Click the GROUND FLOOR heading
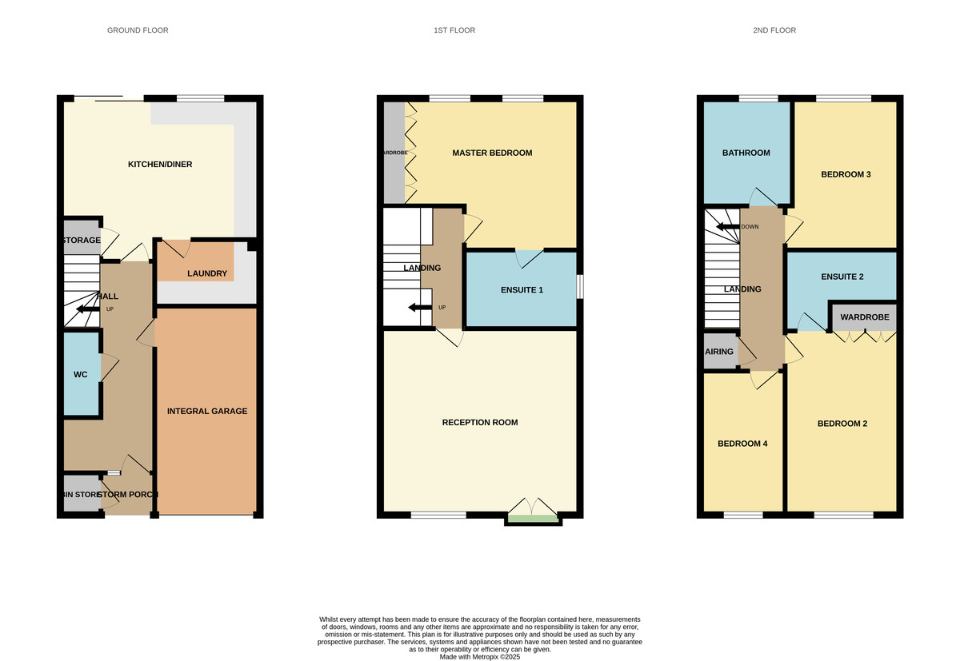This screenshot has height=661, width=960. pos(138,30)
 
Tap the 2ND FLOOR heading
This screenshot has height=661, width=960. pos(774,30)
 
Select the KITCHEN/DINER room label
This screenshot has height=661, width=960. pos(160,165)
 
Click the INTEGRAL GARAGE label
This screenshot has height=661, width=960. pos(207,411)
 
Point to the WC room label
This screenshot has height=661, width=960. pos(80,374)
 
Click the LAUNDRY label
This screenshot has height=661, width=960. pos(207,274)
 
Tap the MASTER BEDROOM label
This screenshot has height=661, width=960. pos(492,153)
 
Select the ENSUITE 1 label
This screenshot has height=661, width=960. pos(521,290)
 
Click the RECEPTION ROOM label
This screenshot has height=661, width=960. pos(480,422)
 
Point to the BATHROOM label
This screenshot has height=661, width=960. pos(746,153)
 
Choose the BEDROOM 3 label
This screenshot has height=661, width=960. pos(846,174)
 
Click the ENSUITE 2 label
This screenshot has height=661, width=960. pos(842,277)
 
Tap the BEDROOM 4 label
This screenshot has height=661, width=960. pos(742,444)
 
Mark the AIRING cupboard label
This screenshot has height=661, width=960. pos(718,352)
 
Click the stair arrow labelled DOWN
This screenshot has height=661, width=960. pos(728,226)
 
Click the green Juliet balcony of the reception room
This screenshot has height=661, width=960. pos(533,519)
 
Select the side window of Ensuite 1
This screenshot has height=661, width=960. pos(579,288)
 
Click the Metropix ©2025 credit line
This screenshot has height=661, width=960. pos(480,657)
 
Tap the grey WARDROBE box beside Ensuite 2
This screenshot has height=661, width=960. pos(863,317)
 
